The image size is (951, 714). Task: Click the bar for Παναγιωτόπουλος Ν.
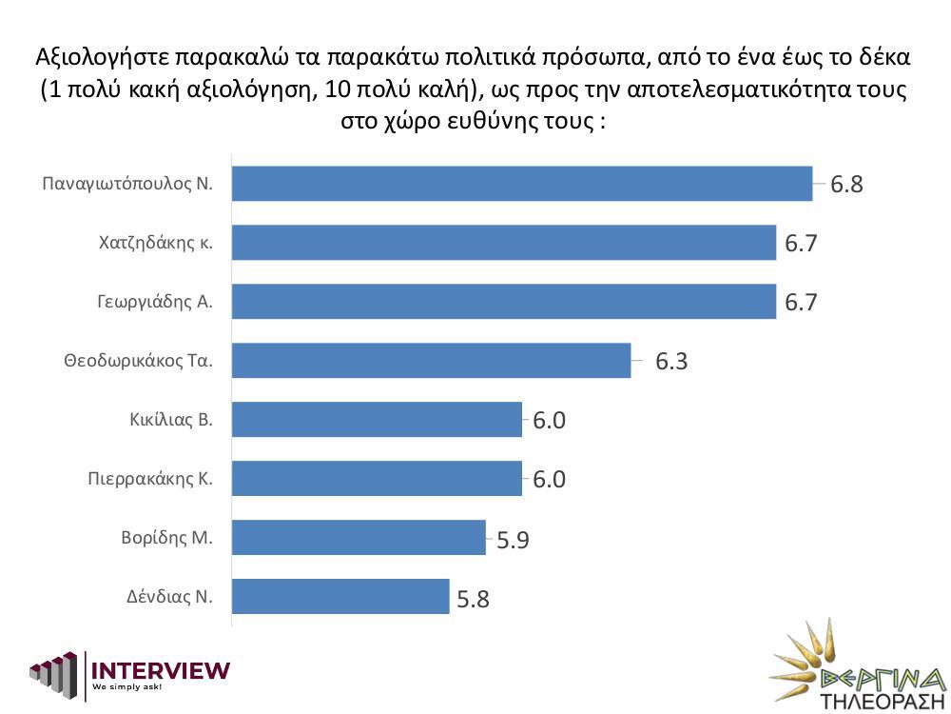522,184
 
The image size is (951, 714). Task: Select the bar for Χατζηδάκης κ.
504,243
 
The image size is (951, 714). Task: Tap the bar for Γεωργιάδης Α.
504,302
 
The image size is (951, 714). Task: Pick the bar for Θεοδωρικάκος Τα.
431,361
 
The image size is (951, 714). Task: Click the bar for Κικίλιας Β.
377,420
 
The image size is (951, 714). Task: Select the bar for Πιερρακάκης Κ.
377,478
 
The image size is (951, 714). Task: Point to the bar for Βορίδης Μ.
359,537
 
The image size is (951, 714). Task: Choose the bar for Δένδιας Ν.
340,596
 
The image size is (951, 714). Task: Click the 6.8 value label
846,185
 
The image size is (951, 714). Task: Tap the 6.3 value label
671,362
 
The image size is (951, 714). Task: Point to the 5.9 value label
513,541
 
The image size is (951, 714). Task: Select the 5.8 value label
473,600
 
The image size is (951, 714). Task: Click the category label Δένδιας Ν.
169,597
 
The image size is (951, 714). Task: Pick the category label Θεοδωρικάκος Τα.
138,361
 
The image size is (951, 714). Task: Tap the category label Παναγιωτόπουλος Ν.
127,184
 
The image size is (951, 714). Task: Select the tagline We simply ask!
126,687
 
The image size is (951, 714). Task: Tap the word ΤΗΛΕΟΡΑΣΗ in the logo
872,699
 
